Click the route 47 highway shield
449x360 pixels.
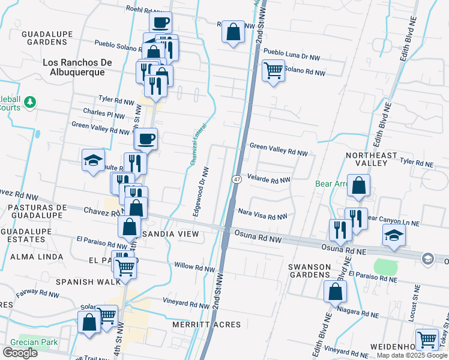coord(237,179)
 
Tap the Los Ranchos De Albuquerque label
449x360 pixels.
coord(74,67)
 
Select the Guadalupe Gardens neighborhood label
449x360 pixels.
coord(44,38)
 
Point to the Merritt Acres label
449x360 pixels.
coord(206,325)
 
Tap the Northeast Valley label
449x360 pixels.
coord(372,159)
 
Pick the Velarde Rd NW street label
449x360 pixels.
coord(269,180)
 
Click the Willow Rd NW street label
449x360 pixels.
coord(194,265)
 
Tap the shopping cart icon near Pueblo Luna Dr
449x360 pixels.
coord(273,70)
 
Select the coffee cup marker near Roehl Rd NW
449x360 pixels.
coord(160,23)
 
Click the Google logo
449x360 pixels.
coord(20,353)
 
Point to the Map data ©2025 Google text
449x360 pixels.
coord(411,355)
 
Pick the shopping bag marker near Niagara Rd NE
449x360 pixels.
coord(335,292)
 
